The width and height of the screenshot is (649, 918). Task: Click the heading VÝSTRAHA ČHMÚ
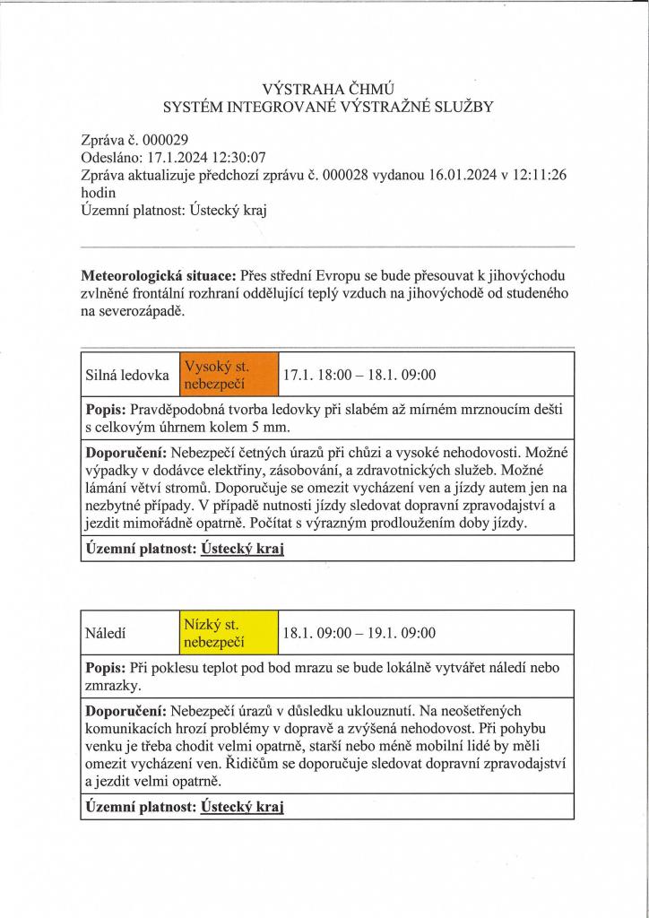(328, 88)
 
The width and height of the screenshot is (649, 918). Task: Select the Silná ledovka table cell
(126, 375)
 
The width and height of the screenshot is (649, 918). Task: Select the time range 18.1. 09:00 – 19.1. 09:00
(359, 633)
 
